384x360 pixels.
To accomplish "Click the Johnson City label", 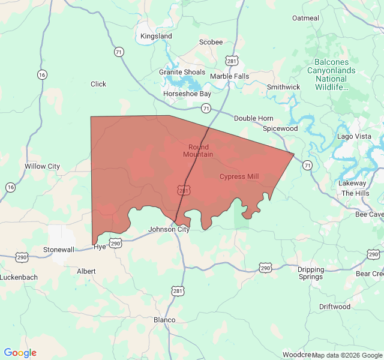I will click(169, 229).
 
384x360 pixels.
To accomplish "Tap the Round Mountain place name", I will click(199, 151).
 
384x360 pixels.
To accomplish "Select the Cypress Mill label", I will click(239, 176).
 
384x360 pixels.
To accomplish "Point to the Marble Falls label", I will click(229, 76).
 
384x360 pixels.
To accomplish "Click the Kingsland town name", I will click(156, 36).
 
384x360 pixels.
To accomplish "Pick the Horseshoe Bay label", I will click(188, 94).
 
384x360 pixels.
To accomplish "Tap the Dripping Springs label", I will click(310, 273).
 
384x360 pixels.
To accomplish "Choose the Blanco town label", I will click(164, 320).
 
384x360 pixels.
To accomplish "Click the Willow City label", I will click(42, 166).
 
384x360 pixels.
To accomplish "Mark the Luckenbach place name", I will click(19, 277).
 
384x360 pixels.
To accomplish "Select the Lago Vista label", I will click(354, 136).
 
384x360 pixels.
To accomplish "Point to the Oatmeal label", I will click(305, 18).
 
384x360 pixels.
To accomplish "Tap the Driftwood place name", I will click(335, 307).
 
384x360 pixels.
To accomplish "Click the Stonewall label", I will click(59, 249).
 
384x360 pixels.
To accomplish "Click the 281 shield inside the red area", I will click(184, 190).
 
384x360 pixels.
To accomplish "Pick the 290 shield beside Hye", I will click(115, 243).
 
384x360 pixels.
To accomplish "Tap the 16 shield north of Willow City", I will click(41, 74).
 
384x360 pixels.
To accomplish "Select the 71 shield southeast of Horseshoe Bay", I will click(206, 109).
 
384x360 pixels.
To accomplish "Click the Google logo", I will click(20, 353).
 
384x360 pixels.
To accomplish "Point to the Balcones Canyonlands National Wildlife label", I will click(335, 74).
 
